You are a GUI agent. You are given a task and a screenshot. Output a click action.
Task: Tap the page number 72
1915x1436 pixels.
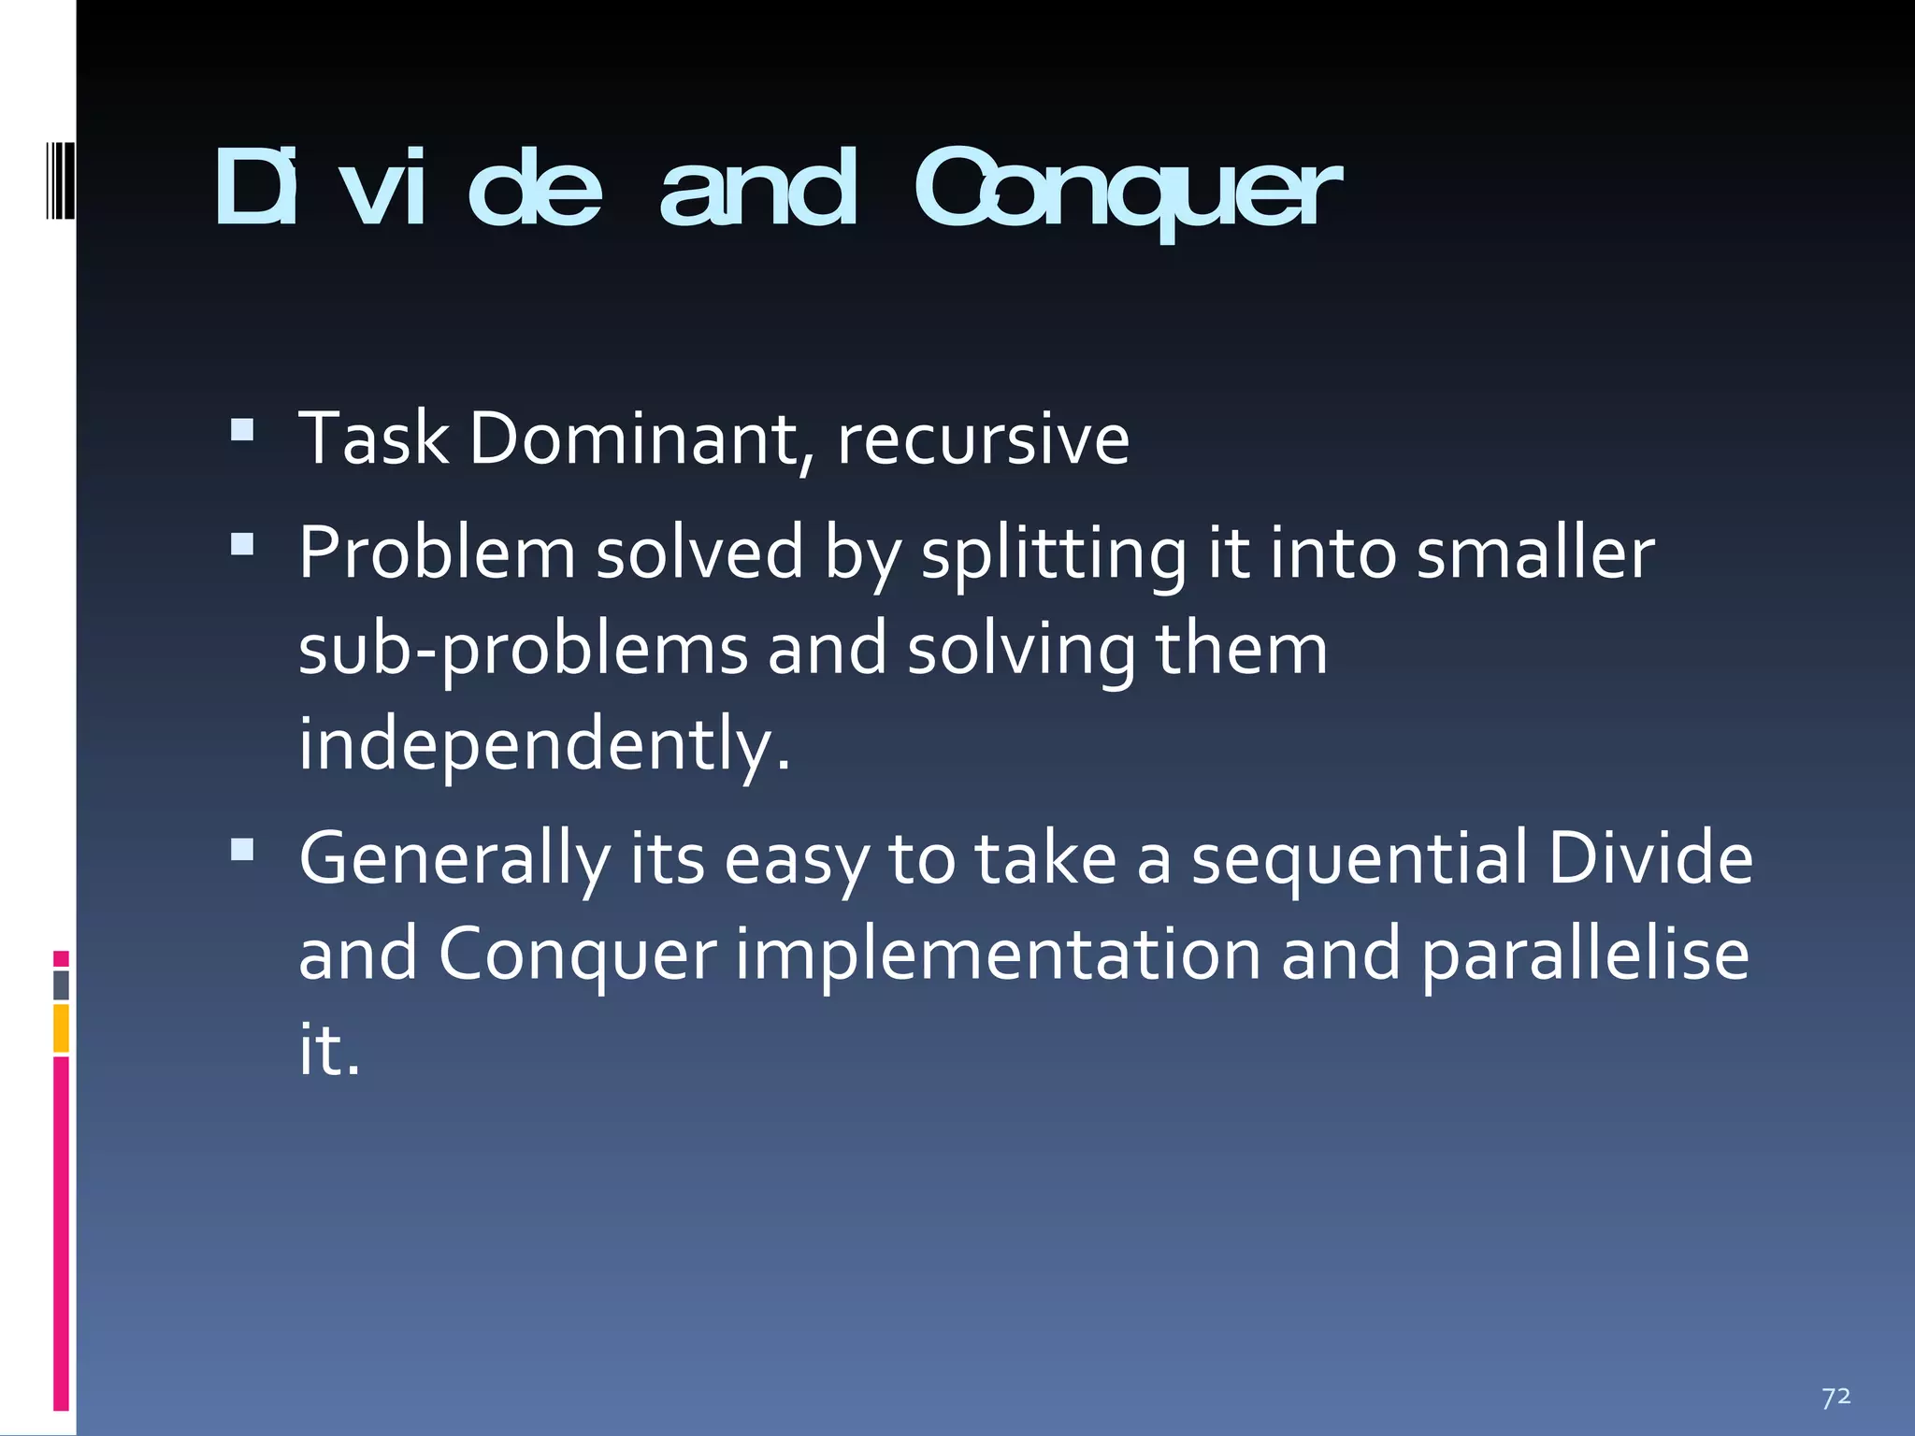1836,1397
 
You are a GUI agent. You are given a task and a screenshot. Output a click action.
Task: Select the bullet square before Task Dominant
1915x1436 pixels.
242,429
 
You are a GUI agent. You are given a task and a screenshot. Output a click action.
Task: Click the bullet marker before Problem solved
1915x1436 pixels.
242,544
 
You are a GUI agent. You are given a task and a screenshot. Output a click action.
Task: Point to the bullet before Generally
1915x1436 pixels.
242,849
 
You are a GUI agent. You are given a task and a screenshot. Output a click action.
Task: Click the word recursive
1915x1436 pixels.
983,439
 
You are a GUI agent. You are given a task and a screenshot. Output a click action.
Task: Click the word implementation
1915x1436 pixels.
998,955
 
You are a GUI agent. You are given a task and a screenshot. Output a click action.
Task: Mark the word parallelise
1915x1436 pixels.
1584,956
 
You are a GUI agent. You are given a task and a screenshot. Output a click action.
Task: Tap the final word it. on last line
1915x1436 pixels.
328,1050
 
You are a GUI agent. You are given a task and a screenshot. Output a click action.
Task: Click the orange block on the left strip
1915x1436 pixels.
61,1027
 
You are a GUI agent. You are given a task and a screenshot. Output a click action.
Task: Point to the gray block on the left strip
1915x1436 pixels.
61,985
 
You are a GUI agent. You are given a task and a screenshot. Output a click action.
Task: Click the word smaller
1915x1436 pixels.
1534,553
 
